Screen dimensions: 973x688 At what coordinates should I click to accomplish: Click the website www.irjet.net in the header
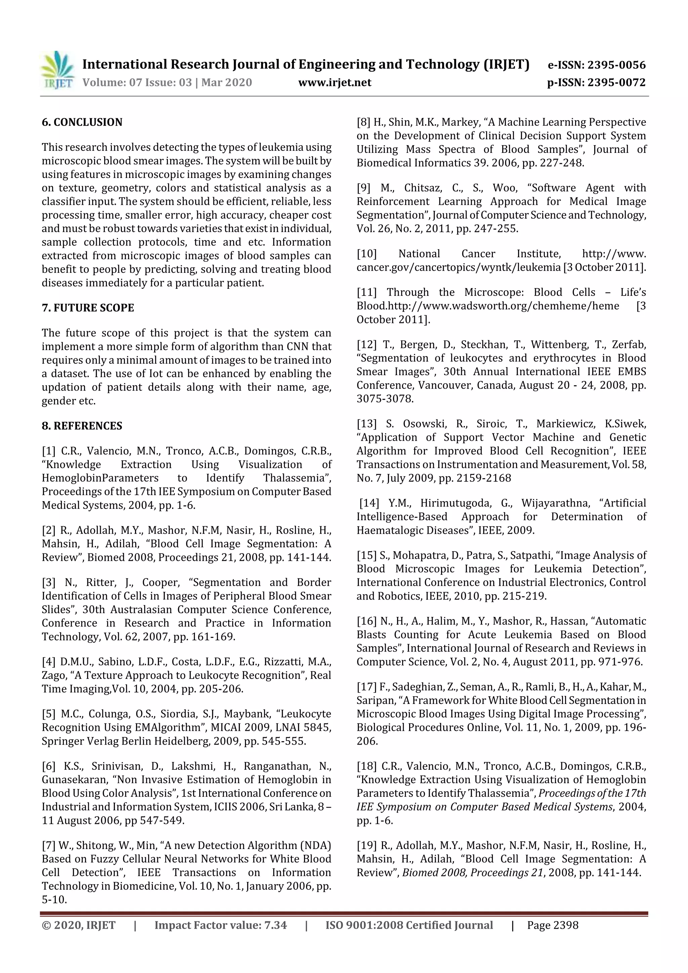click(335, 83)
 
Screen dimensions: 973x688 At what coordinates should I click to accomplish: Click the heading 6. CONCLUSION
click(82, 123)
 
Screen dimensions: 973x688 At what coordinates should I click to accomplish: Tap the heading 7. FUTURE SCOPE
click(88, 308)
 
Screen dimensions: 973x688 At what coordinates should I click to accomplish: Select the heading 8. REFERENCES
click(82, 426)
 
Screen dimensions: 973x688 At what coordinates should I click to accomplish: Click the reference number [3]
click(48, 583)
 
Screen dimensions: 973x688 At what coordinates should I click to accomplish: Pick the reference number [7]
click(48, 845)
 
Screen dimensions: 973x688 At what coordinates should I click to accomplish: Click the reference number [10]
click(366, 254)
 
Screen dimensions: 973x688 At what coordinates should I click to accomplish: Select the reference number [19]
click(366, 845)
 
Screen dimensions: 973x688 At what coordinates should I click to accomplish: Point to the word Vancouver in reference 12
click(446, 385)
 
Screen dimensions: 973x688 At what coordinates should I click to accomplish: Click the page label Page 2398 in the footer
click(552, 925)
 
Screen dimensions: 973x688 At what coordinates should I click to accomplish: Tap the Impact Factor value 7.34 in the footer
click(275, 925)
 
